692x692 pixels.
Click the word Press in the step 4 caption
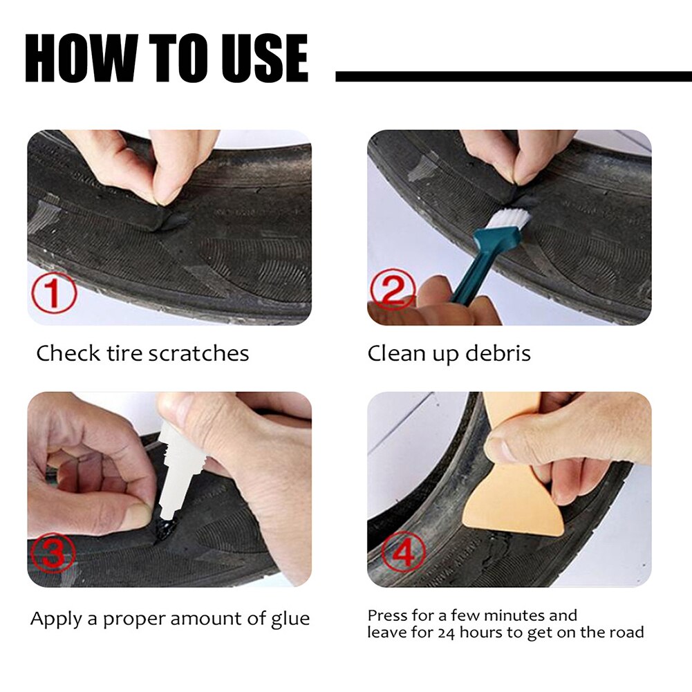pos(385,615)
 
